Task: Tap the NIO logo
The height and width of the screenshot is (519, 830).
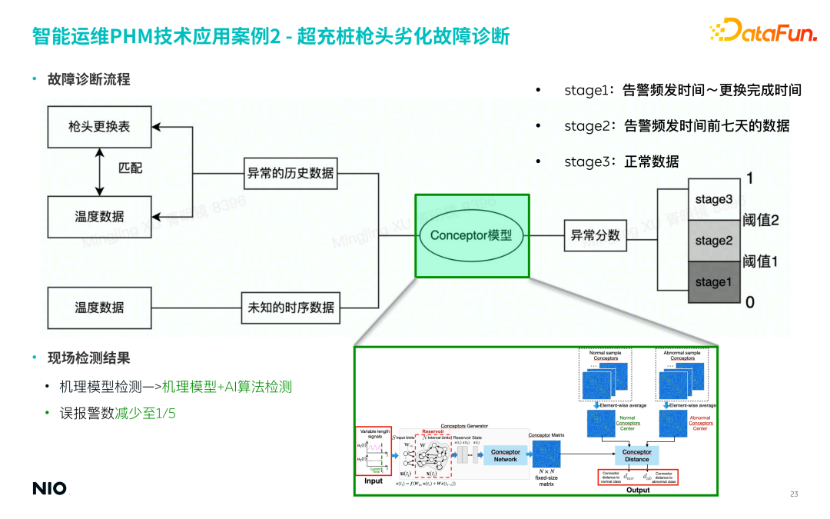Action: pyautogui.click(x=49, y=488)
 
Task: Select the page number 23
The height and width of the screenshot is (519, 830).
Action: pyautogui.click(x=794, y=494)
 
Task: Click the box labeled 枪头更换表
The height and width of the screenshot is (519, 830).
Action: pyautogui.click(x=99, y=127)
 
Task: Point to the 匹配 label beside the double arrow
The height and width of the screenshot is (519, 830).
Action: pyautogui.click(x=130, y=168)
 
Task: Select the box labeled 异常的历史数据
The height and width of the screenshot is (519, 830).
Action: pyautogui.click(x=290, y=173)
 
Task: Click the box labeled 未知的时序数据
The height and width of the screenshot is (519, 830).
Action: pyautogui.click(x=290, y=308)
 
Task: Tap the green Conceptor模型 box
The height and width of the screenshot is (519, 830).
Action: pyautogui.click(x=472, y=235)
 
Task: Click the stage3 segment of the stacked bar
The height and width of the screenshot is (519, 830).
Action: pyautogui.click(x=713, y=199)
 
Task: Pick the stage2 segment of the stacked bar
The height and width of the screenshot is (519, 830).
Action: pyautogui.click(x=713, y=241)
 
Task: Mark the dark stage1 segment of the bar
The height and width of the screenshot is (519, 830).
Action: pyautogui.click(x=713, y=281)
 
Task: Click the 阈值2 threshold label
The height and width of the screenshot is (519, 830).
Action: pyautogui.click(x=761, y=221)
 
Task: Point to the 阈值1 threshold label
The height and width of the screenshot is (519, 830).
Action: pyautogui.click(x=761, y=261)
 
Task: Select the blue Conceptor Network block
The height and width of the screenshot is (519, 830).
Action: pyautogui.click(x=505, y=455)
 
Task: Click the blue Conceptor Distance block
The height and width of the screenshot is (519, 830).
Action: pyautogui.click(x=636, y=455)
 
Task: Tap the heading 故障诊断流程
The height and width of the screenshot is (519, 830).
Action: pyautogui.click(x=88, y=79)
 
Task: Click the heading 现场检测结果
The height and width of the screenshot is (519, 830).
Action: pyautogui.click(x=88, y=358)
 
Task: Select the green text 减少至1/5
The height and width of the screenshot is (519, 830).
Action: pyautogui.click(x=145, y=414)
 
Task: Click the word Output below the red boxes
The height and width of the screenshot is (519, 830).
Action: pyautogui.click(x=638, y=490)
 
